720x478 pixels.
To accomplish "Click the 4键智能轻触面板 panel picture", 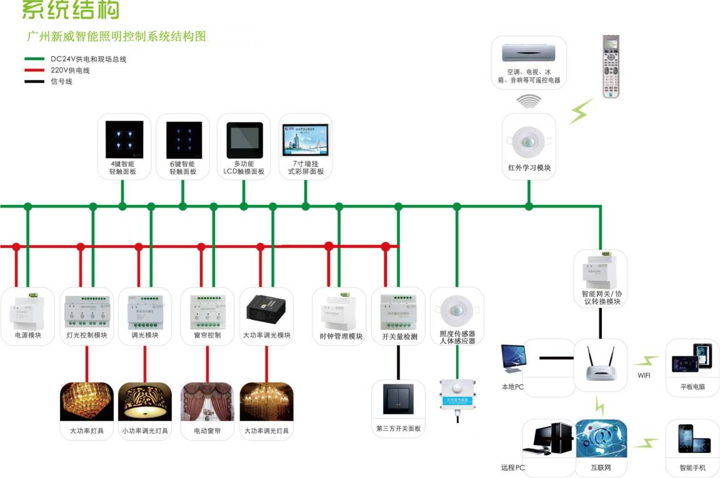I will [124, 139].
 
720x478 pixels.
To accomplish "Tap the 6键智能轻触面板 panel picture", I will [184, 139].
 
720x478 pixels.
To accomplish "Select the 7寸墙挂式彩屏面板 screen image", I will [306, 139].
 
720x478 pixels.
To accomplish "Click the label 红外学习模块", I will [529, 168].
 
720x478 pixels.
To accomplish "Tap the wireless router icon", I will [601, 366].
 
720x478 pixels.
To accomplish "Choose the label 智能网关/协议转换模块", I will [601, 297].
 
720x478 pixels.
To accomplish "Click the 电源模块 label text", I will [28, 336].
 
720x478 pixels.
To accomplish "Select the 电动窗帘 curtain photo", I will [207, 402].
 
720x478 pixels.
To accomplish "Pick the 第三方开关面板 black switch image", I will [397, 400].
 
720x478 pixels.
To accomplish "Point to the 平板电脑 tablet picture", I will [692, 359].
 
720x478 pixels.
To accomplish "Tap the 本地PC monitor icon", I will [513, 361].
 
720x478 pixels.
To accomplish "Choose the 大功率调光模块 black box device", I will [267, 308].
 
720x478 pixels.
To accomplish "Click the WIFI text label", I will [644, 376].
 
